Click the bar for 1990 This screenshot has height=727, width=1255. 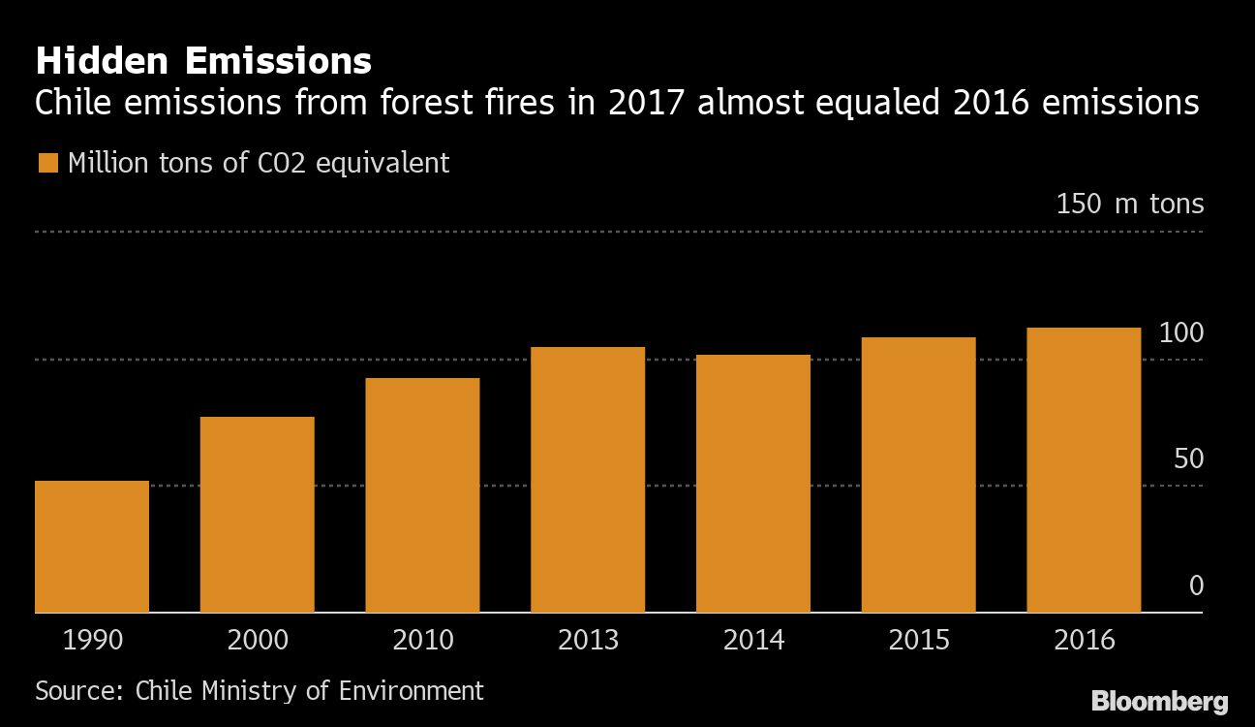(x=92, y=547)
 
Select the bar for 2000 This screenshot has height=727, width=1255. (x=257, y=515)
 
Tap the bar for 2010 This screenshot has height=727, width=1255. (x=422, y=495)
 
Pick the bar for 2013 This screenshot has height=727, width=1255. (x=588, y=480)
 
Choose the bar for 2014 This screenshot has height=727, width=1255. (x=753, y=484)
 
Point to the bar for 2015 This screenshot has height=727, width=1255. (x=918, y=475)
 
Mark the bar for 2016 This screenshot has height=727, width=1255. (x=1084, y=470)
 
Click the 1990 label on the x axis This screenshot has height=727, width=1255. (x=92, y=641)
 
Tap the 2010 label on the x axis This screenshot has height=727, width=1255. (x=422, y=641)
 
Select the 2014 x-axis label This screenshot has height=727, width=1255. (x=753, y=641)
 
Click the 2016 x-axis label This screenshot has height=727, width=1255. (x=1084, y=641)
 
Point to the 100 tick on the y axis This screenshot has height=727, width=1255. (x=1181, y=333)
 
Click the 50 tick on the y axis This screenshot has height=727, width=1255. (x=1188, y=458)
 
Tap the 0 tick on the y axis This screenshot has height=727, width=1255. (x=1196, y=585)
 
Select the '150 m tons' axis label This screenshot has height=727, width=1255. (x=1129, y=205)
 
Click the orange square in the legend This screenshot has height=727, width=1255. (x=47, y=163)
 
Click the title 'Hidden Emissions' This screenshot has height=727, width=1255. (x=203, y=62)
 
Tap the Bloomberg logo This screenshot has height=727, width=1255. (x=1159, y=702)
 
